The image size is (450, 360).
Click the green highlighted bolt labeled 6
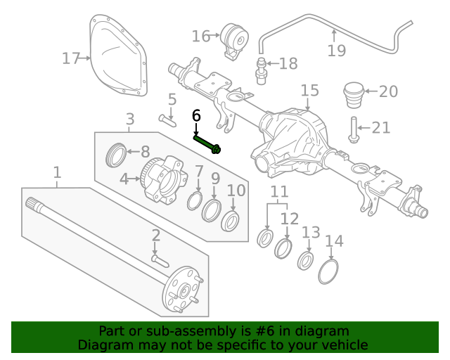[207, 143]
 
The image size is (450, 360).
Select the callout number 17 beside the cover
[71, 58]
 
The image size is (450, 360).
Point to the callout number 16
[200, 36]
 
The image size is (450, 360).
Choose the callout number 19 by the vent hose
[337, 50]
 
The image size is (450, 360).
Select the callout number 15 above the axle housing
[309, 91]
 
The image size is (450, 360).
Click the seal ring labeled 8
[117, 154]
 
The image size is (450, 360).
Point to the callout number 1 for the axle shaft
[57, 172]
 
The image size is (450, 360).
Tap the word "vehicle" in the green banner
[344, 345]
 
